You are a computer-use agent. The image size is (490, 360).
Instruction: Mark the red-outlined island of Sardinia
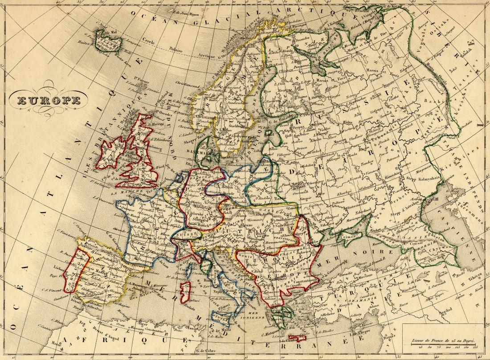pos(187,290)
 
